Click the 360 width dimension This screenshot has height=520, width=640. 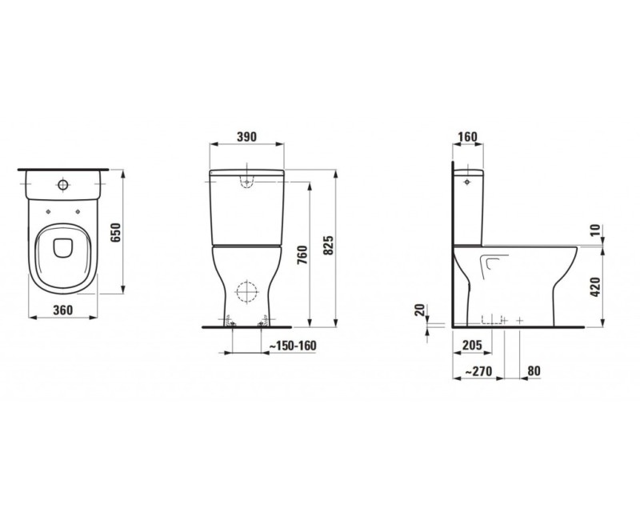(63, 309)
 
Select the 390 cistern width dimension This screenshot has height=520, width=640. (247, 137)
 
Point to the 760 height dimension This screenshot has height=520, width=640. (302, 254)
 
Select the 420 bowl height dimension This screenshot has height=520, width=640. (594, 286)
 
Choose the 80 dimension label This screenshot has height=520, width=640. (534, 371)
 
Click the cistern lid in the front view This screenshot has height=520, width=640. (247, 174)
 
